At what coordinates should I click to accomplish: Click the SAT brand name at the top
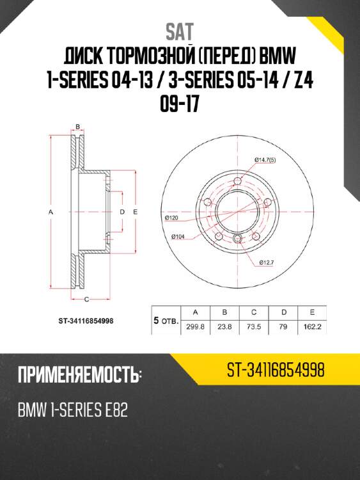[x=180, y=30]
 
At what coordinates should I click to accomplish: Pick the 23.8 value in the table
[x=224, y=328]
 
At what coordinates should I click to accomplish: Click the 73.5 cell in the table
[x=254, y=328]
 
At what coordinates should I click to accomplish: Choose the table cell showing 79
[x=283, y=328]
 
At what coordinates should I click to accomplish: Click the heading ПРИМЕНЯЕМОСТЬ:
[x=79, y=375]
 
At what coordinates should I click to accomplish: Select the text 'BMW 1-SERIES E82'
[x=72, y=410]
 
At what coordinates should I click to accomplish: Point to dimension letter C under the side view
[x=86, y=299]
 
